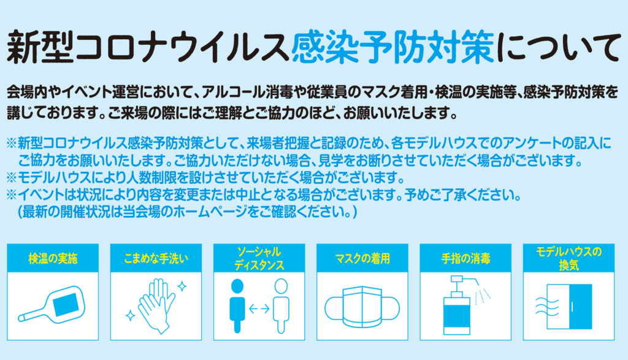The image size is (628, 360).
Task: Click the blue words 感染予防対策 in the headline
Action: pos(393,47)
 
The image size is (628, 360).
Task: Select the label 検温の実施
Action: pos(53,259)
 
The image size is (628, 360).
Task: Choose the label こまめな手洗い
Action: pos(156,259)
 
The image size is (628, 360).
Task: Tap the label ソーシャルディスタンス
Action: pos(259,259)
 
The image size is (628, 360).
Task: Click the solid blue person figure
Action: pos(237,306)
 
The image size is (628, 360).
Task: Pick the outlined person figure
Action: pos(281,306)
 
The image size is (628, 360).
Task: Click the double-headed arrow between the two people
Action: pos(259,308)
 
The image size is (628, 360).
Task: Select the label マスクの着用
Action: pos(362,259)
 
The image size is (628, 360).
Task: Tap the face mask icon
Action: pos(362,307)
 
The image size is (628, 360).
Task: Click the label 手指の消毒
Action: pos(466,259)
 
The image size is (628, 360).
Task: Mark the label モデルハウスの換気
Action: pos(569,259)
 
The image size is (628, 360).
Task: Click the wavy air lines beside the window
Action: pos(547,307)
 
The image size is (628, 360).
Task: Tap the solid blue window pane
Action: pos(580,307)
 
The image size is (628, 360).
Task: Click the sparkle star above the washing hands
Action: pos(182,286)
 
